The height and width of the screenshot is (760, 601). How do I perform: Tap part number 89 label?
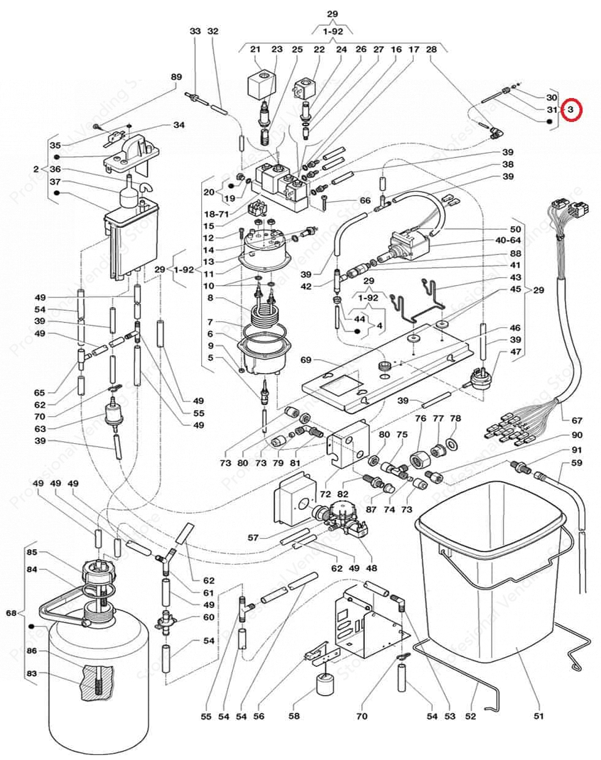point(177,77)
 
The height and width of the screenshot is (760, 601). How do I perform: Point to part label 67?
point(576,420)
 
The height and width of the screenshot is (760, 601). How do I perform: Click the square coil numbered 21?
point(259,83)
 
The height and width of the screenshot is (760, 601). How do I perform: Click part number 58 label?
point(294,716)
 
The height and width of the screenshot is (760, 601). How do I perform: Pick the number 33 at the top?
point(195,31)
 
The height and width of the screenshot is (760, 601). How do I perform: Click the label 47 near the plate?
point(515,352)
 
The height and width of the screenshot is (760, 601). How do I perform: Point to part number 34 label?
point(178,125)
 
